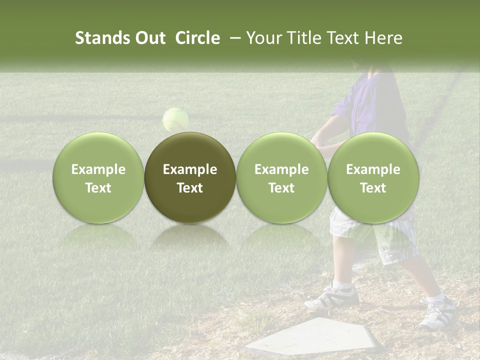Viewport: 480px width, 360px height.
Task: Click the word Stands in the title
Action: tap(101, 38)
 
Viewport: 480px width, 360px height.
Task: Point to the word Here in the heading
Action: tap(383, 38)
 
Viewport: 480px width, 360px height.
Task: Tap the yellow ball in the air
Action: tap(175, 119)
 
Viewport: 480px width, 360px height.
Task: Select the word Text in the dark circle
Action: tap(190, 188)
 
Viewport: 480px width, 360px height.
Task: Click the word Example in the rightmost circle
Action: tap(373, 169)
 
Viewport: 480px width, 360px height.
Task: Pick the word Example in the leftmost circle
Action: tap(98, 169)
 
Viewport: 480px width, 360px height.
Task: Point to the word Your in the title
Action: tap(262, 38)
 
